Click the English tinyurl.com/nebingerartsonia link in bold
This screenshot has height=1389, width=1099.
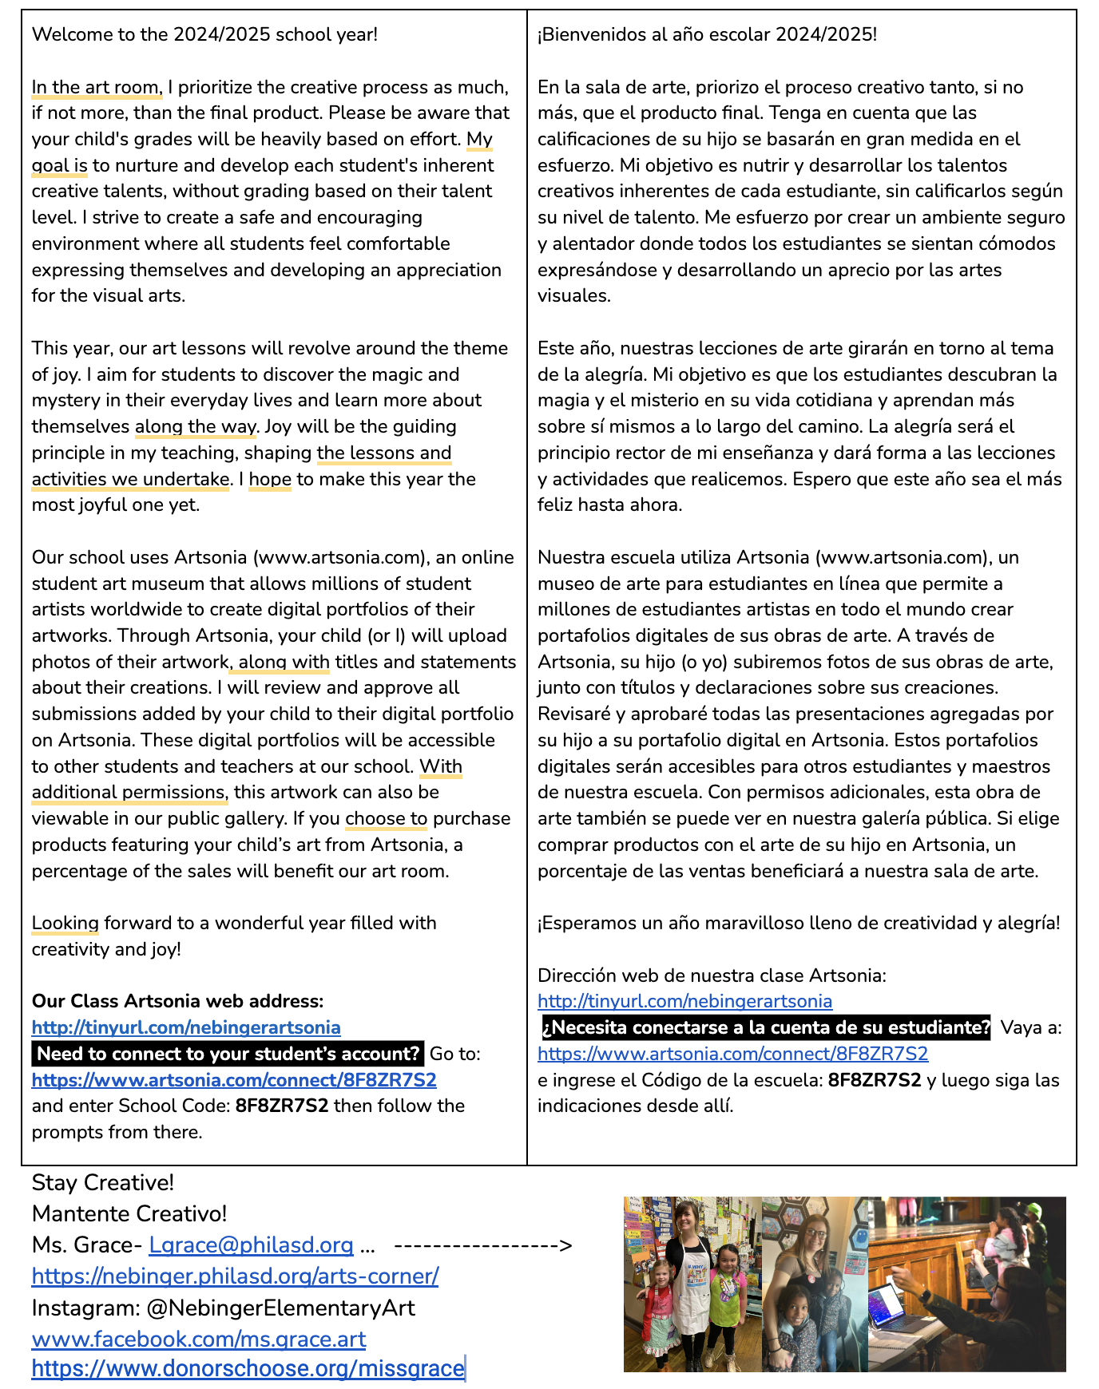pos(186,1027)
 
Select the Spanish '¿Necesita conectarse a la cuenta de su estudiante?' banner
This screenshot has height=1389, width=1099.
pos(766,1027)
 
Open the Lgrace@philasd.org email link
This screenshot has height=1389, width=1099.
pos(251,1245)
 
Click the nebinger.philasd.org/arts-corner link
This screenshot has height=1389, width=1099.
pos(235,1276)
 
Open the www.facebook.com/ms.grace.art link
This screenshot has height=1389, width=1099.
pos(199,1339)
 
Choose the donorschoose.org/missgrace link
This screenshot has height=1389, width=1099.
pos(248,1368)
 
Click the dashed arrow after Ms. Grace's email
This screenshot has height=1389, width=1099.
pos(483,1245)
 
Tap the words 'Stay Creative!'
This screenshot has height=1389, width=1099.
pos(103,1182)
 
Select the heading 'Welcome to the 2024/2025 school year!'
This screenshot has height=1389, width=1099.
pos(204,34)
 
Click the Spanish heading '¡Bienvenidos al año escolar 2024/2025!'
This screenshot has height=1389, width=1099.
pos(707,34)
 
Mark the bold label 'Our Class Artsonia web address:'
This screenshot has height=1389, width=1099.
pos(177,1001)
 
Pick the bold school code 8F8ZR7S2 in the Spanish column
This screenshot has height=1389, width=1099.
pos(874,1080)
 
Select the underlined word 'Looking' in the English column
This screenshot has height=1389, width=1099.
pos(65,923)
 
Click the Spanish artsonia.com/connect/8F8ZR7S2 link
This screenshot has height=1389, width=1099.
pos(732,1054)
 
